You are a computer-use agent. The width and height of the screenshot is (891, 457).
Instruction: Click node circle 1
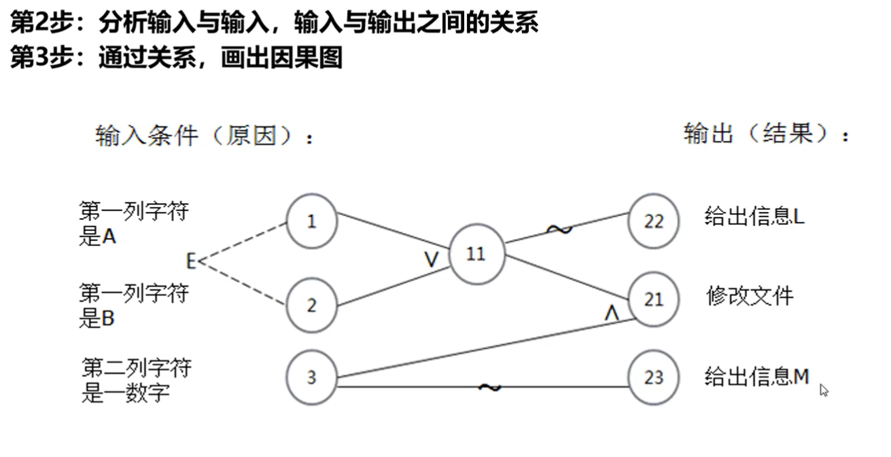click(312, 221)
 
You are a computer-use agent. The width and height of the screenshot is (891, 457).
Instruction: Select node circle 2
click(312, 306)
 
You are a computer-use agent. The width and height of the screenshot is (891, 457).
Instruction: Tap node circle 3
click(312, 378)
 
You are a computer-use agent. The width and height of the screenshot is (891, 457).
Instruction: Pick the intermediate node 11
click(476, 254)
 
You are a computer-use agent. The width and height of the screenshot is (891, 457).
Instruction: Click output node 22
click(654, 221)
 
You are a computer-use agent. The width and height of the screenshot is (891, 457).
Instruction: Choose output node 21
click(654, 299)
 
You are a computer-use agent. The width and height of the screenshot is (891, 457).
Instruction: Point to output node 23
click(654, 378)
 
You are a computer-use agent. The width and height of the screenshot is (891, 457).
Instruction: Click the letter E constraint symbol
click(191, 261)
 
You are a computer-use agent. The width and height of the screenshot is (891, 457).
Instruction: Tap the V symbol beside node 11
click(431, 259)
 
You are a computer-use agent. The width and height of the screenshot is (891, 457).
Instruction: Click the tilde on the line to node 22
click(559, 230)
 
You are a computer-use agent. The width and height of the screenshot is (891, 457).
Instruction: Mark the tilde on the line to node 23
click(489, 387)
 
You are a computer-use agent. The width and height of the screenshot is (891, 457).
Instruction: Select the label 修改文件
click(750, 296)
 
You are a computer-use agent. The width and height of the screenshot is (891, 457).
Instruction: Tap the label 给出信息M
click(756, 376)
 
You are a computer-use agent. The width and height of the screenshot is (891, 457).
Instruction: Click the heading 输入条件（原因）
click(205, 136)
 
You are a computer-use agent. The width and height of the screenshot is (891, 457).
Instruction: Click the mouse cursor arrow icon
click(824, 390)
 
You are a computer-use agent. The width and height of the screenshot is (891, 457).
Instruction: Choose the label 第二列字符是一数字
click(137, 380)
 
